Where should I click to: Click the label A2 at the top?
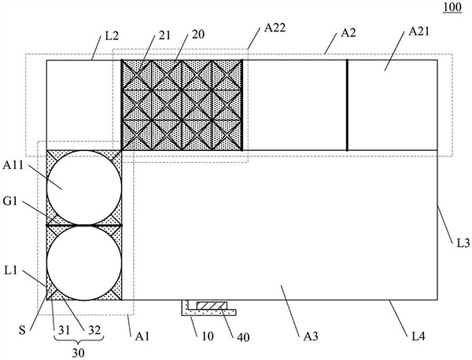click(348, 36)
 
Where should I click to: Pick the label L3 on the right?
click(463, 244)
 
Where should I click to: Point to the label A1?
click(142, 336)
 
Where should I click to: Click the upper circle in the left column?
click(85, 185)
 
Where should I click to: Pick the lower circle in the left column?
click(85, 263)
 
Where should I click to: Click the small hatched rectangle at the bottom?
click(211, 305)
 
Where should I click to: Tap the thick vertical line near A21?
click(347, 104)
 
